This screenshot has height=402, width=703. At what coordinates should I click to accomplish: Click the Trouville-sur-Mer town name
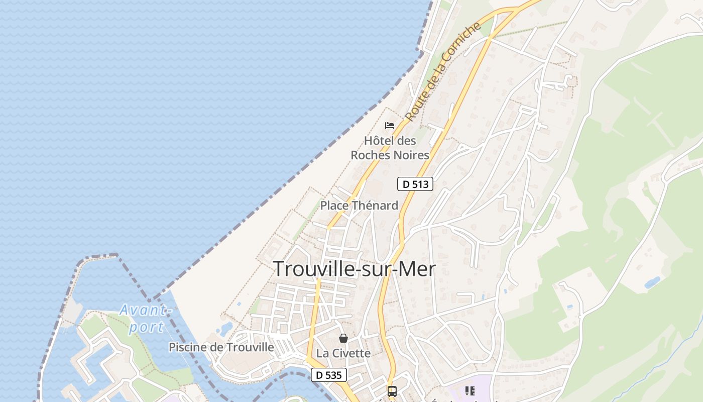[354, 269]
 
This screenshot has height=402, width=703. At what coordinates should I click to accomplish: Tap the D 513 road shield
[415, 184]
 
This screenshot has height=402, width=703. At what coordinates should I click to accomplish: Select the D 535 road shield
[329, 375]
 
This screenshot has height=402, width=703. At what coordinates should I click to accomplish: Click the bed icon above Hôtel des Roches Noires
[390, 126]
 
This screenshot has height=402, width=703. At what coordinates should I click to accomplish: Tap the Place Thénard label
[359, 206]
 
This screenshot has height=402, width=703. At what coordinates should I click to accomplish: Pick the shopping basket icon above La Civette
[343, 338]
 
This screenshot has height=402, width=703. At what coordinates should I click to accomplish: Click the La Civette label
[343, 353]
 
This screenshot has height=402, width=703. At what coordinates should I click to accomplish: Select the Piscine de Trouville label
[221, 347]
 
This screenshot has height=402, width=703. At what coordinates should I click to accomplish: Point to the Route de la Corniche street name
[442, 73]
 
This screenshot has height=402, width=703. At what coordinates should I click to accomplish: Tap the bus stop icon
[392, 391]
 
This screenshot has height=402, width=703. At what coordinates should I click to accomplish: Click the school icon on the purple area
[470, 391]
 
